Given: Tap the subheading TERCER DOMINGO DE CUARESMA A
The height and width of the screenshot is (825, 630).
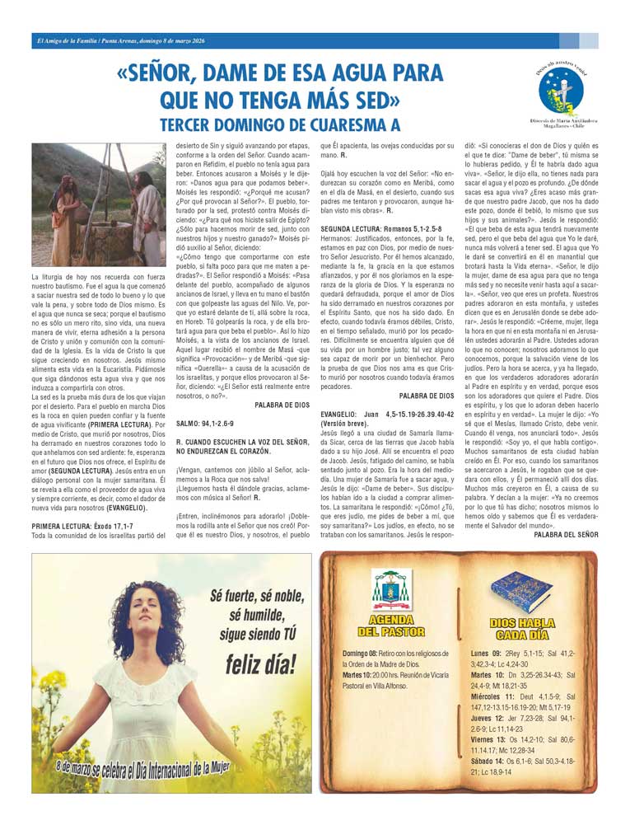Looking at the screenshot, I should coord(280,125).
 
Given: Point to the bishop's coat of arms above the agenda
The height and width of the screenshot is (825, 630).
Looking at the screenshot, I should coord(391,589).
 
